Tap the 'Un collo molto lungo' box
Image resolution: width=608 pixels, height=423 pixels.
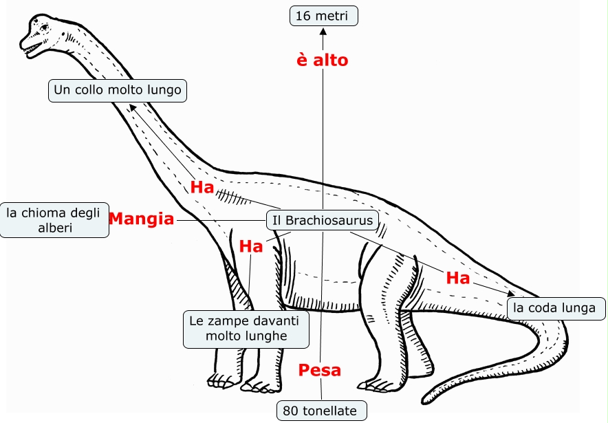click(118, 90)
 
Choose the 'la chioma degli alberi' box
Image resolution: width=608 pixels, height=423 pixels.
click(54, 220)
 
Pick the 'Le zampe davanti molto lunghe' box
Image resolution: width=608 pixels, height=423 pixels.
click(246, 329)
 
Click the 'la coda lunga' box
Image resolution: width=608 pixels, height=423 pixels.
click(556, 307)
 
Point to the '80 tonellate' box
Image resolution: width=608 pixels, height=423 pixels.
click(321, 411)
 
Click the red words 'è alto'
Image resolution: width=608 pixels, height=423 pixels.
click(322, 61)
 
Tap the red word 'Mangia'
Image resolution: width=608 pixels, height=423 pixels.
click(142, 219)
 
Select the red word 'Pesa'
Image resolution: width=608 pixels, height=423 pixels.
click(320, 370)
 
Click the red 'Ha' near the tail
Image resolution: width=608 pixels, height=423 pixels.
click(458, 279)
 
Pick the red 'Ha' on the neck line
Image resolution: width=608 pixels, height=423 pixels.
click(202, 187)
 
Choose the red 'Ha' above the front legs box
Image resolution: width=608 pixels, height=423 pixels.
click(251, 246)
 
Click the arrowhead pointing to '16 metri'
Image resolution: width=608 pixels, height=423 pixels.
click(323, 30)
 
